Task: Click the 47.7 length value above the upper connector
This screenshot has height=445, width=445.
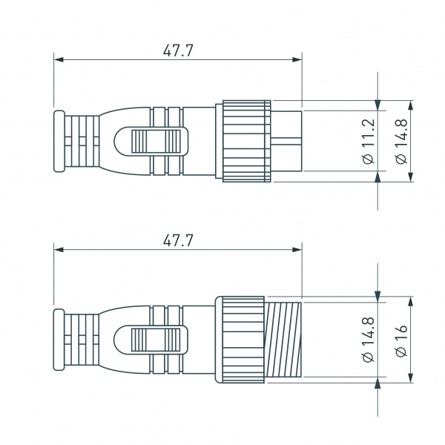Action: [178, 50]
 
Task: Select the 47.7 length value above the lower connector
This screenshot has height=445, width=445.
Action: [178, 240]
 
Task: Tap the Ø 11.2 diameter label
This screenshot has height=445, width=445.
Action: [369, 141]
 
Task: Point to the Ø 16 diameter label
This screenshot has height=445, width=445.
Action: [401, 340]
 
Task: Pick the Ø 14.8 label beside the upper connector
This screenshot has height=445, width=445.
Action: [400, 141]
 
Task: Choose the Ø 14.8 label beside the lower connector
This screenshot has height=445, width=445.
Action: [369, 340]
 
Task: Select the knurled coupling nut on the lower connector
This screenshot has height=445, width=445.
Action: [240, 340]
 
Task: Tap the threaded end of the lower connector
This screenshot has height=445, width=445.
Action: [283, 340]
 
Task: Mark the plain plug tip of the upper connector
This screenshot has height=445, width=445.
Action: [287, 141]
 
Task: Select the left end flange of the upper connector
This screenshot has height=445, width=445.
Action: [59, 141]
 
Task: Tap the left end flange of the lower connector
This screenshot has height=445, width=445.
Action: [59, 340]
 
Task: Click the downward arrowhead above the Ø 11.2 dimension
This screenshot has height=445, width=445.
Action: [378, 105]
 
